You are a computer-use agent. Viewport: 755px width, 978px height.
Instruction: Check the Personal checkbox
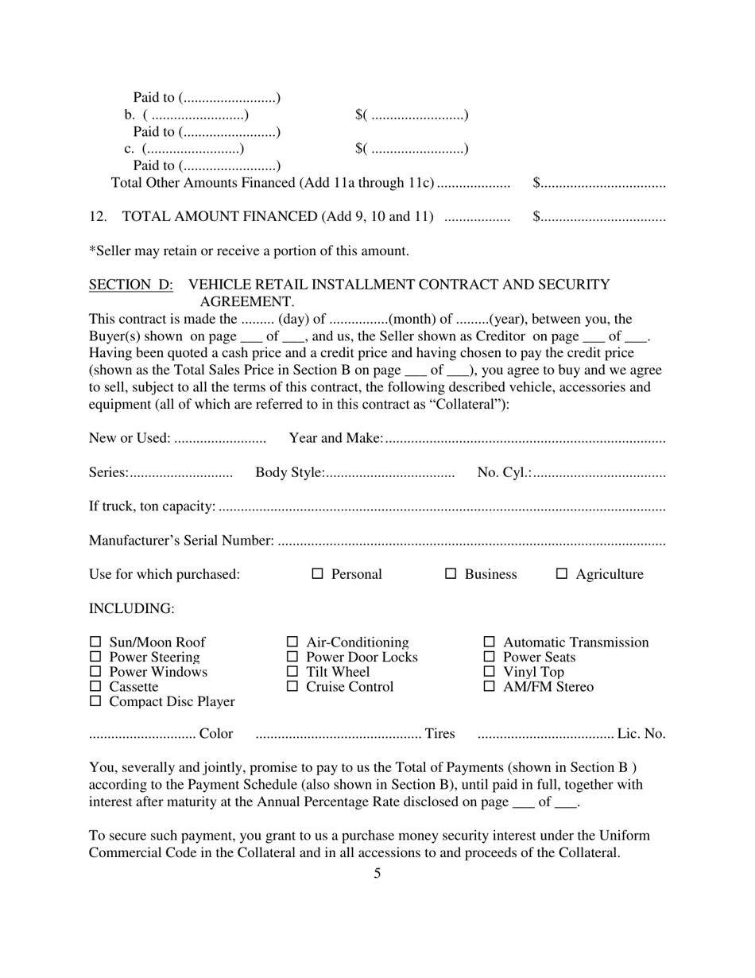[318, 573]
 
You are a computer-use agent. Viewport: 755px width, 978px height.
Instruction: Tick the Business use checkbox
[451, 573]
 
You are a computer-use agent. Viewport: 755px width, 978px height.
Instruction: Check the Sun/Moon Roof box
[96, 642]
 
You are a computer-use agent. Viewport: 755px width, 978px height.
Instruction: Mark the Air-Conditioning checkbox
[292, 642]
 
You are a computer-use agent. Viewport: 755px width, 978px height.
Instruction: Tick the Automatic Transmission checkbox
[490, 642]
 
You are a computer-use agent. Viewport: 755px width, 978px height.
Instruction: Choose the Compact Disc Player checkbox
[96, 701]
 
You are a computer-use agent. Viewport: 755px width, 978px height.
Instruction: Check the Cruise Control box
[292, 686]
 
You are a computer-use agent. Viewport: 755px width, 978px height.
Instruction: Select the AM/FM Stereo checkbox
[490, 686]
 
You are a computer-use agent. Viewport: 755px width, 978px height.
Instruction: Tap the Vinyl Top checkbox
[490, 672]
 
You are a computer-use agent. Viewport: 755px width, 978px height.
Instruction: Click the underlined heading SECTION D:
[131, 285]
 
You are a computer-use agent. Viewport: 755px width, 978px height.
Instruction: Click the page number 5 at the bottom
[377, 874]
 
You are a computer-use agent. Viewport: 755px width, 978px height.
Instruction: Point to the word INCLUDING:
[131, 608]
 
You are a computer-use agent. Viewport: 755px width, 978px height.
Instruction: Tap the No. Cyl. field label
[504, 472]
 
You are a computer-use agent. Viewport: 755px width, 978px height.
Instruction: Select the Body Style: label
[289, 472]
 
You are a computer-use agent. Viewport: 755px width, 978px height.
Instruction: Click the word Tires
[440, 733]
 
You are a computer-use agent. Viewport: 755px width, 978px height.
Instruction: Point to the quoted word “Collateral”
[469, 404]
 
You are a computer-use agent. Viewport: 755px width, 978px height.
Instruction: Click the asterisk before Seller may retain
[91, 250]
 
